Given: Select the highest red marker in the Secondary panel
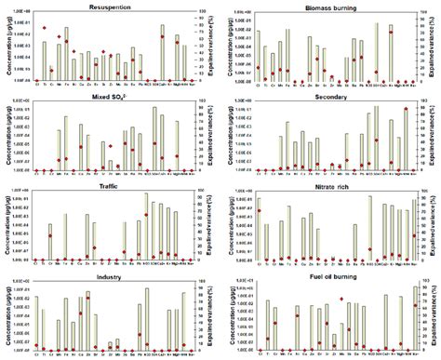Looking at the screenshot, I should click(406, 110).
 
